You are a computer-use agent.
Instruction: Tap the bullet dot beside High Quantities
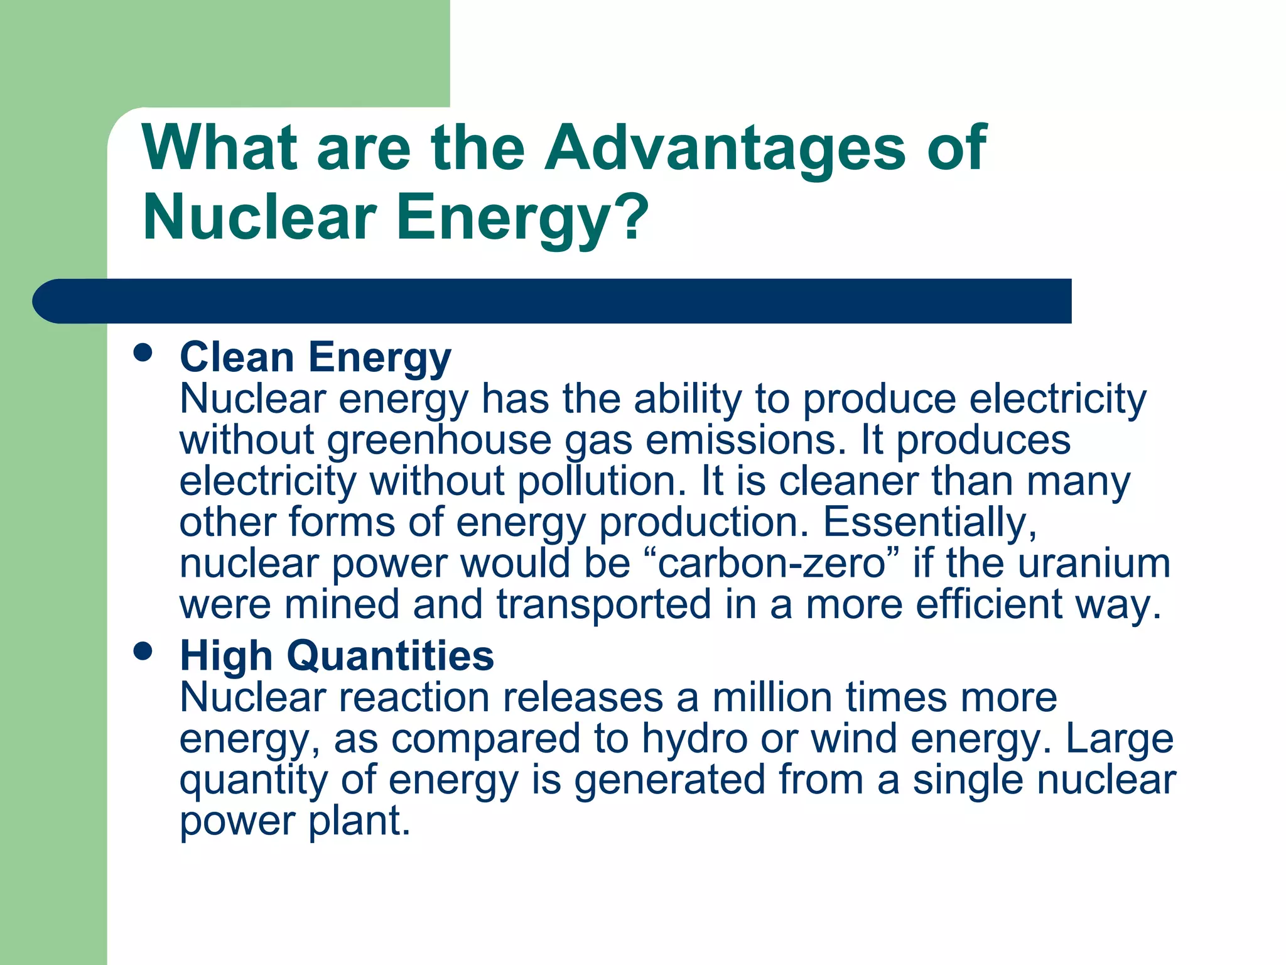(x=144, y=652)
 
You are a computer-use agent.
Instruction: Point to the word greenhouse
(x=439, y=440)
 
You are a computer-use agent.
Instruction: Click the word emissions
(x=742, y=440)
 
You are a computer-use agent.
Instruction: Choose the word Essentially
(x=929, y=522)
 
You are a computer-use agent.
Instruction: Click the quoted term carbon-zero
(x=772, y=563)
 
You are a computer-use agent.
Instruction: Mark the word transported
(x=604, y=604)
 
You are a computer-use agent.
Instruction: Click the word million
(x=773, y=697)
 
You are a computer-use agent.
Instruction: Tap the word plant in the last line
(x=359, y=821)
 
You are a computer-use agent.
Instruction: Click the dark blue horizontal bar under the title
(x=553, y=302)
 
